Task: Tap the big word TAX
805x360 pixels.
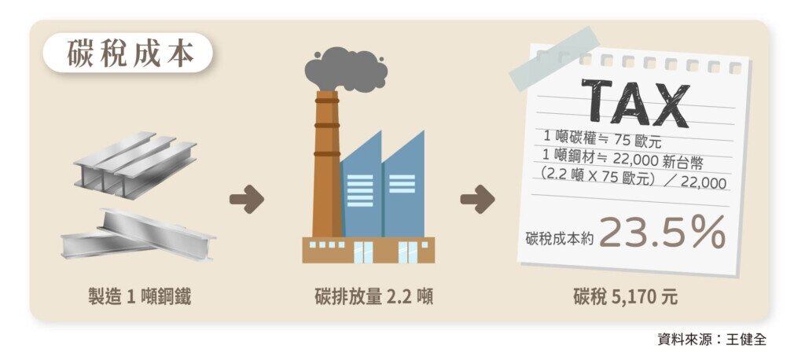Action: [636, 102]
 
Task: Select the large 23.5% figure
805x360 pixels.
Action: [662, 233]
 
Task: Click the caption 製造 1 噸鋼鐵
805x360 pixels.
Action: [139, 297]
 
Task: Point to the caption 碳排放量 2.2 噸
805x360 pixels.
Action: [373, 297]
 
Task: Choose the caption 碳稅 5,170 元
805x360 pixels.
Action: [625, 297]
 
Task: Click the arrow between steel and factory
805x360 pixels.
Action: [246, 200]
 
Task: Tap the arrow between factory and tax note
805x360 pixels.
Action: [477, 200]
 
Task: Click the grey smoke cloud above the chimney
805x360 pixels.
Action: [346, 68]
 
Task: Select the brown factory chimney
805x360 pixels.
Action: [325, 165]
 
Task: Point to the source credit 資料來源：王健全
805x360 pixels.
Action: [711, 340]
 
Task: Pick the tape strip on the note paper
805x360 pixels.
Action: [553, 59]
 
